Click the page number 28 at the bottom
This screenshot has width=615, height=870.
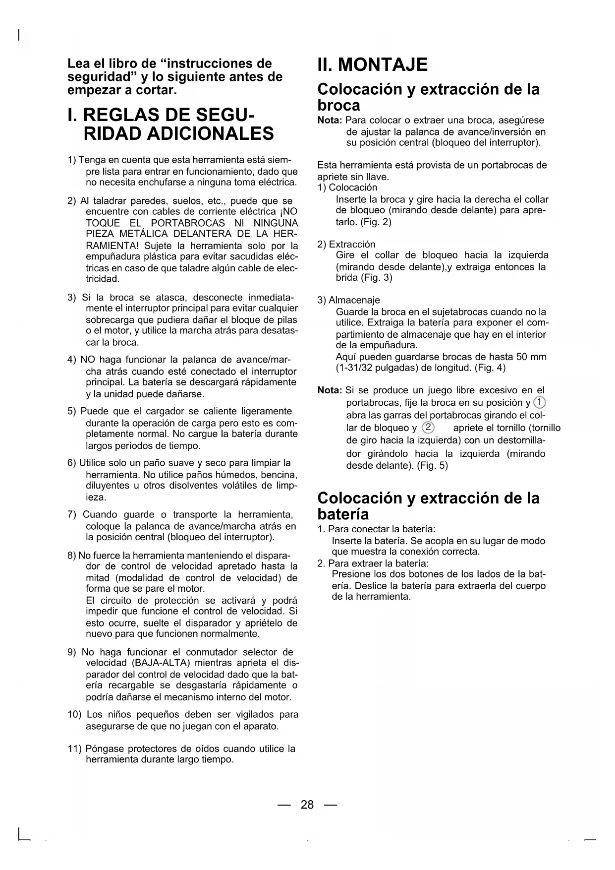(x=307, y=805)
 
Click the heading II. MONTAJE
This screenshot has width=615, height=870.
(x=373, y=65)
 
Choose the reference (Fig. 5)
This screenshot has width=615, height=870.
(x=432, y=466)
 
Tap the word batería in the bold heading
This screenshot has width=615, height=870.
(x=343, y=514)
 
